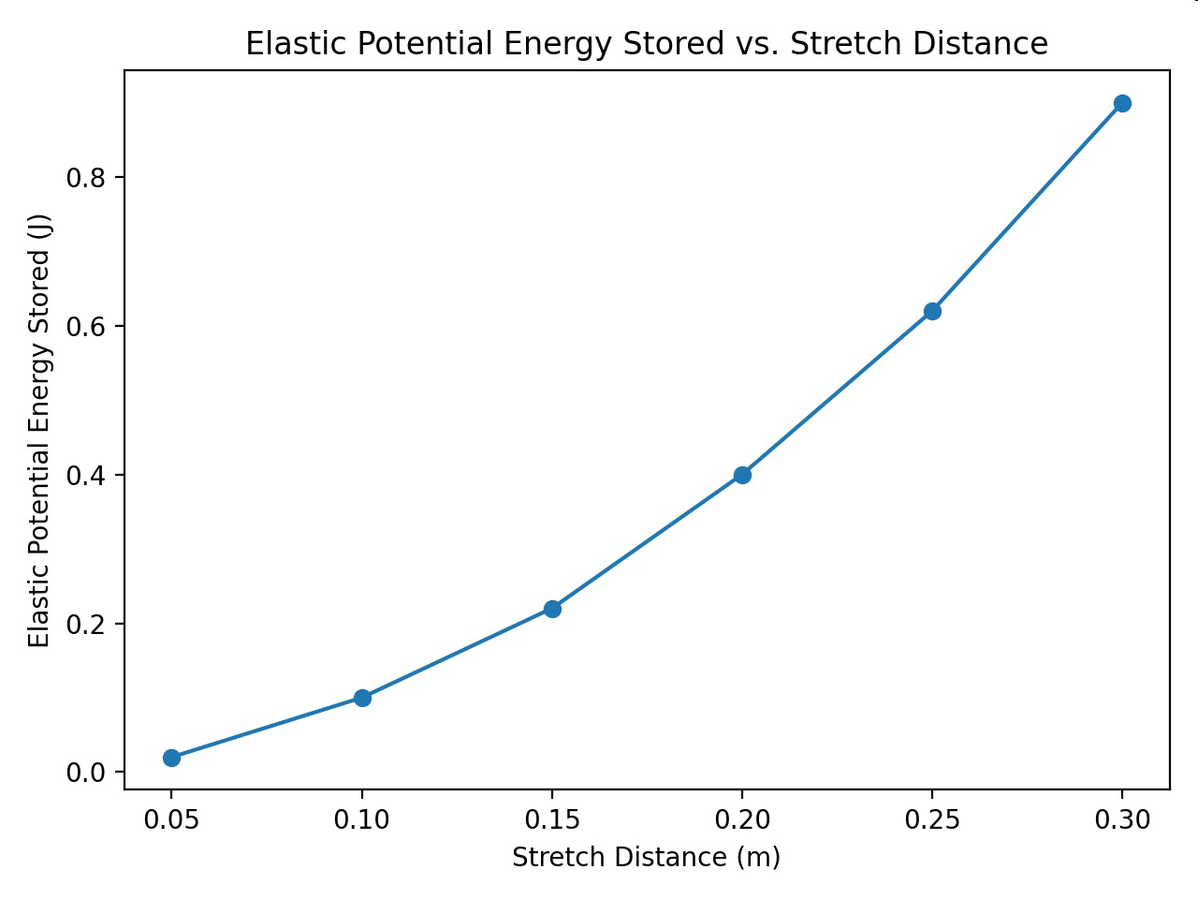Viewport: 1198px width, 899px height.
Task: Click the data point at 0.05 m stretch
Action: [171, 758]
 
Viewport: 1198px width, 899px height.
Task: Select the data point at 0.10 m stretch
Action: [362, 698]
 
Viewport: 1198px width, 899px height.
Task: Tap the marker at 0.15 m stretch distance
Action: [552, 609]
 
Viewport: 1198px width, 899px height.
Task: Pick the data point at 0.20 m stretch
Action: [742, 475]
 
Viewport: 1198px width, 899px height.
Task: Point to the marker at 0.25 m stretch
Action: [932, 311]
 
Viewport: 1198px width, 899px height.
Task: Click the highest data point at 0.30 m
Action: [1122, 103]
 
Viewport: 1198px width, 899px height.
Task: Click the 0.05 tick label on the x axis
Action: [171, 819]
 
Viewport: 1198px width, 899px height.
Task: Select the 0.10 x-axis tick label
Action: [361, 819]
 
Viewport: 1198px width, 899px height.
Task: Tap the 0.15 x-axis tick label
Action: [552, 819]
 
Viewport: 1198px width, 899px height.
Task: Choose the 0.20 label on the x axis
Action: [742, 819]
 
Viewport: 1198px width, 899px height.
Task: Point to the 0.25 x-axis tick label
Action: [932, 819]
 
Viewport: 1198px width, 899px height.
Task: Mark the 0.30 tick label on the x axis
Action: [1122, 819]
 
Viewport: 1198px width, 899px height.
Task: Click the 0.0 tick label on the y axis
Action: [86, 773]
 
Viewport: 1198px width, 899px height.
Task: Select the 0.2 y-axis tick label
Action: [86, 624]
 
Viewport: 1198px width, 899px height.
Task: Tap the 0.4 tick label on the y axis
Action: [86, 476]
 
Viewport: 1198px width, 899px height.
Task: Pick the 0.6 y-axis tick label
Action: [86, 327]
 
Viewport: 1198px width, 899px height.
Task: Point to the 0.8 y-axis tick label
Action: [86, 178]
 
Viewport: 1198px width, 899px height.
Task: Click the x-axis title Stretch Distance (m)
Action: [646, 858]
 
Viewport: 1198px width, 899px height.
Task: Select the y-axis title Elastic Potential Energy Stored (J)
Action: [39, 431]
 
